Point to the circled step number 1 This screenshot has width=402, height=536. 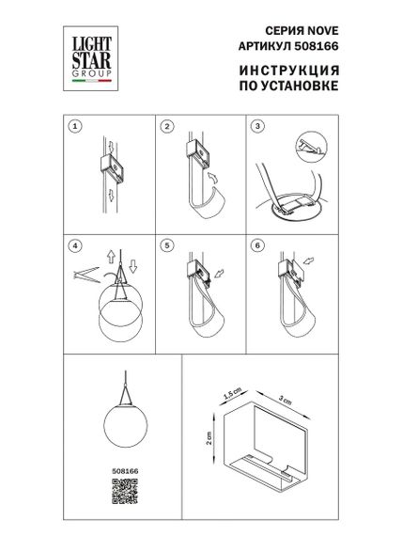[74, 124]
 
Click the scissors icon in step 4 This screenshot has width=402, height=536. [82, 274]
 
